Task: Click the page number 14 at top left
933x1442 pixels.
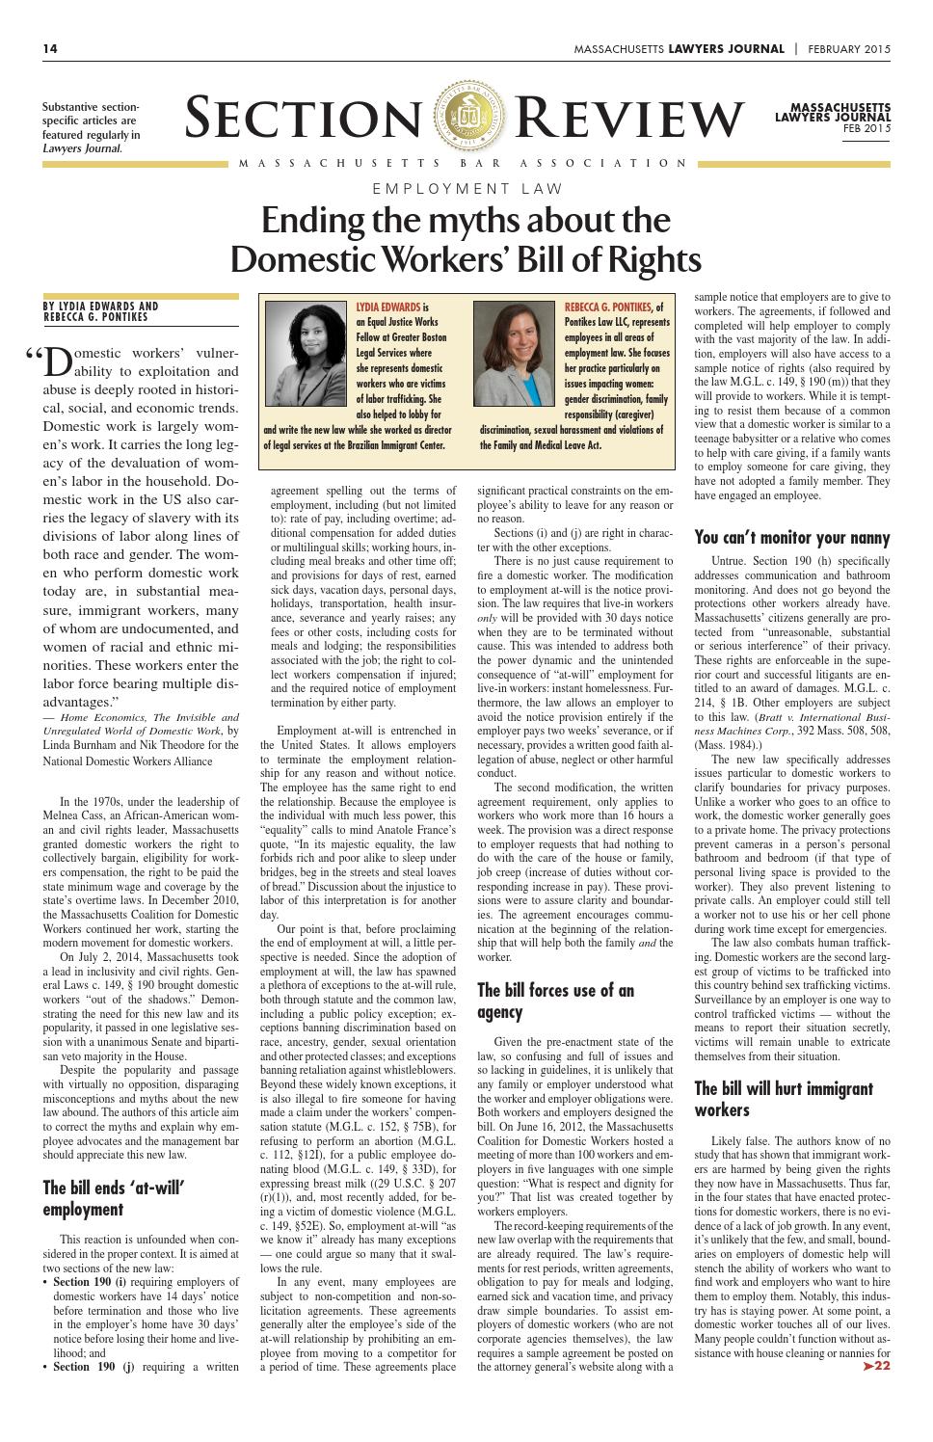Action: click(x=49, y=49)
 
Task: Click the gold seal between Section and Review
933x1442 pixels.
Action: click(x=466, y=115)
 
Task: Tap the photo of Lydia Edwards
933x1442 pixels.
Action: click(x=304, y=354)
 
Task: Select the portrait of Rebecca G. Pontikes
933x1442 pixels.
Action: click(x=512, y=354)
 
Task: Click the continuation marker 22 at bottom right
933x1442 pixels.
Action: click(x=875, y=1365)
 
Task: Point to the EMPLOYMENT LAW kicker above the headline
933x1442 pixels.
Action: click(x=466, y=189)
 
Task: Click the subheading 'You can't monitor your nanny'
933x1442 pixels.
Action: click(x=791, y=538)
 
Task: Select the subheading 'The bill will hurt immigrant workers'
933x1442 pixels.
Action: click(x=783, y=1099)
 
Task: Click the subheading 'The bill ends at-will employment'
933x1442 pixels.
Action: click(x=113, y=1197)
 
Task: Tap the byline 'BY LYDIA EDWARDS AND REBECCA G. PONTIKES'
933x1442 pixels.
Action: click(x=100, y=311)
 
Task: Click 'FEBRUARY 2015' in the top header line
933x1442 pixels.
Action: click(x=849, y=49)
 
